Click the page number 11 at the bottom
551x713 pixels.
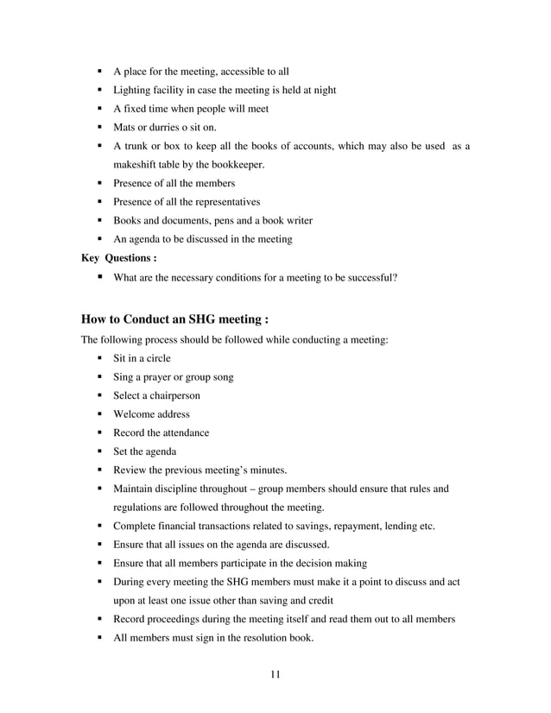(x=275, y=673)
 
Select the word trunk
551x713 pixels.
(x=139, y=147)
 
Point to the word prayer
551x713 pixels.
(x=156, y=376)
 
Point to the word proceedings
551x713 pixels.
(x=175, y=619)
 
